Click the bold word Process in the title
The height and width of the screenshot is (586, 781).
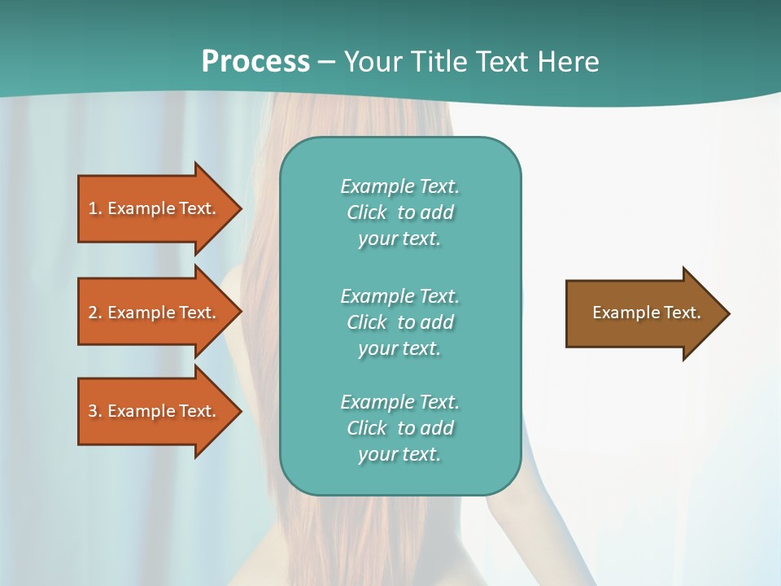pyautogui.click(x=255, y=62)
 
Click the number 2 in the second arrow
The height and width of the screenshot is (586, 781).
pyautogui.click(x=93, y=313)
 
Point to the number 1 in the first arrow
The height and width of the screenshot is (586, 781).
pyautogui.click(x=93, y=208)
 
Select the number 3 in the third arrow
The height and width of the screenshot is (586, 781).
pyautogui.click(x=93, y=411)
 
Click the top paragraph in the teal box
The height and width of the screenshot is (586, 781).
pyautogui.click(x=399, y=212)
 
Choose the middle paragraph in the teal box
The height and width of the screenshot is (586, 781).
pyautogui.click(x=399, y=322)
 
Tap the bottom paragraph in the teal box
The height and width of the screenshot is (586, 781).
pyautogui.click(x=399, y=428)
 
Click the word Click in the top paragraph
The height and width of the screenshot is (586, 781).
pyautogui.click(x=366, y=212)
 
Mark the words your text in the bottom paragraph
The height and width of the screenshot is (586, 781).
pyautogui.click(x=399, y=454)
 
